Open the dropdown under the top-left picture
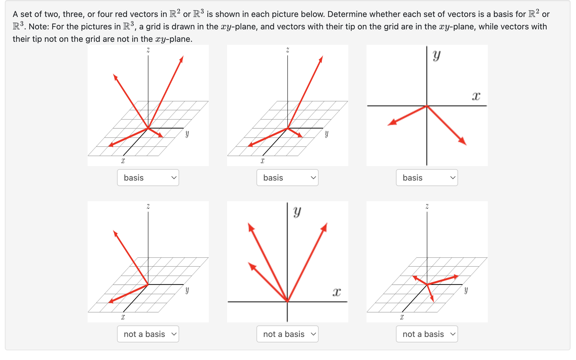pos(148,178)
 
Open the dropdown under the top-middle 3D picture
pos(287,178)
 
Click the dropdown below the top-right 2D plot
pos(427,178)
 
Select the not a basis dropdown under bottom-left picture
pos(148,334)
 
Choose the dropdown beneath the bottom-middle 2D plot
pos(287,334)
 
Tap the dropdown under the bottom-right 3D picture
pos(427,334)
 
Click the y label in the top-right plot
pos(437,55)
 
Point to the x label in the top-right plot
pos(476,96)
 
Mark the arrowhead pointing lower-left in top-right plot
pos(392,123)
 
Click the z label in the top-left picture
pos(148,50)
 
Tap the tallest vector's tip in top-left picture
pos(182,58)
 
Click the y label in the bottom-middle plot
pos(297,211)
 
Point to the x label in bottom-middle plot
pos(337,292)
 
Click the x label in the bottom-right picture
pos(402,317)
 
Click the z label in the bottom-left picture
pos(148,206)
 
